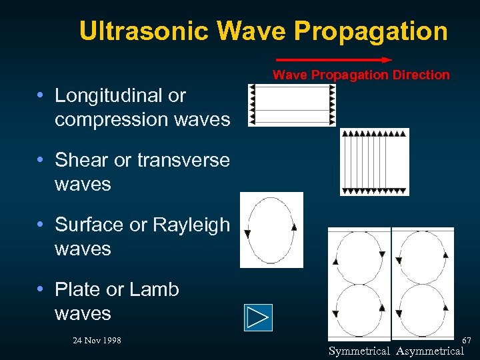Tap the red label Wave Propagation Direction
(x=361, y=75)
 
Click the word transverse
(x=183, y=161)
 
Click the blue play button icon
(x=258, y=317)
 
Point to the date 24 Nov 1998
(x=97, y=341)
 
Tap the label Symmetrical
(x=359, y=351)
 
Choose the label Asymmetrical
(x=429, y=351)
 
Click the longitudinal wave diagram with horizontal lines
(x=291, y=105)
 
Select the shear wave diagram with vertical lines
(x=375, y=162)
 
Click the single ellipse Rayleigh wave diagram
(x=271, y=230)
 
